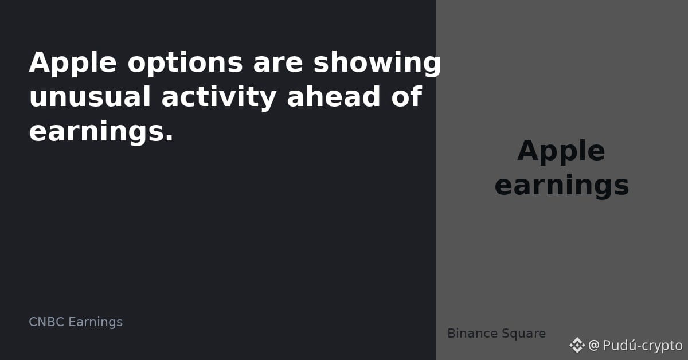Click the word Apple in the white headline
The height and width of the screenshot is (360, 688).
[73, 63]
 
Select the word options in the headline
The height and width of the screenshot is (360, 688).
[185, 63]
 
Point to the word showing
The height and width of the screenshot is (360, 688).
[377, 63]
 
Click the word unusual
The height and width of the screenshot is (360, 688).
[90, 97]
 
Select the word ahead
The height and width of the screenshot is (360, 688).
[334, 96]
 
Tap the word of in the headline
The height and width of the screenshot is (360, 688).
[406, 96]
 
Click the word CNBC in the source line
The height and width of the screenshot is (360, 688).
[46, 322]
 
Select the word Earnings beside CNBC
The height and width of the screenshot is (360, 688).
[96, 323]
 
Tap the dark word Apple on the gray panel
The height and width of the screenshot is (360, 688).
[561, 152]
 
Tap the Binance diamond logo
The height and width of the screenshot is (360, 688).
[577, 345]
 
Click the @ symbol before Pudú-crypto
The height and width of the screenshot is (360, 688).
[594, 345]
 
